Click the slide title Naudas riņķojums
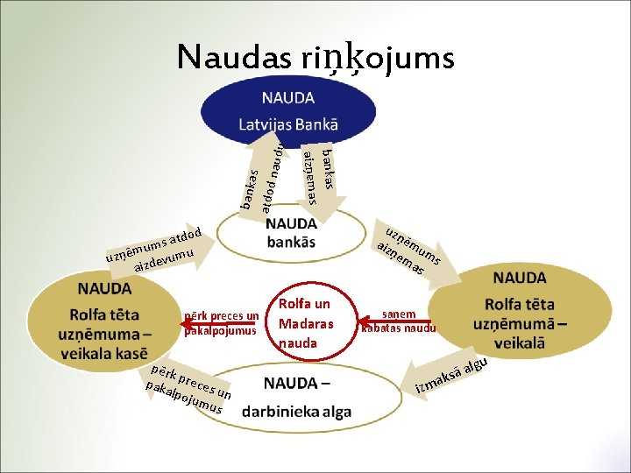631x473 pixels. (315, 57)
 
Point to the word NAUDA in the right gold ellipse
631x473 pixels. (520, 278)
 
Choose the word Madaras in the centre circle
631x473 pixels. (304, 323)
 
